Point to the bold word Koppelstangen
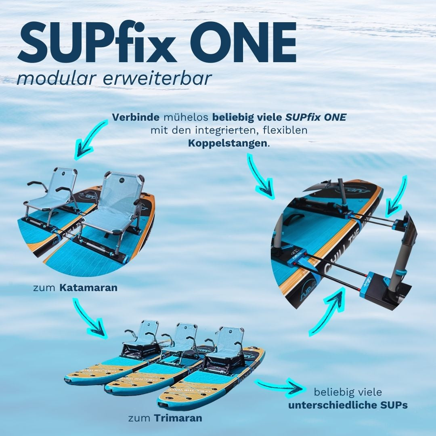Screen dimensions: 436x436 click(x=228, y=143)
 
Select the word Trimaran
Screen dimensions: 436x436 click(x=178, y=418)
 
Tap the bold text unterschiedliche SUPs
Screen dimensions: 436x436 click(x=348, y=405)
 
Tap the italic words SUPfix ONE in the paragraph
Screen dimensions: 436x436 click(x=316, y=117)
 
